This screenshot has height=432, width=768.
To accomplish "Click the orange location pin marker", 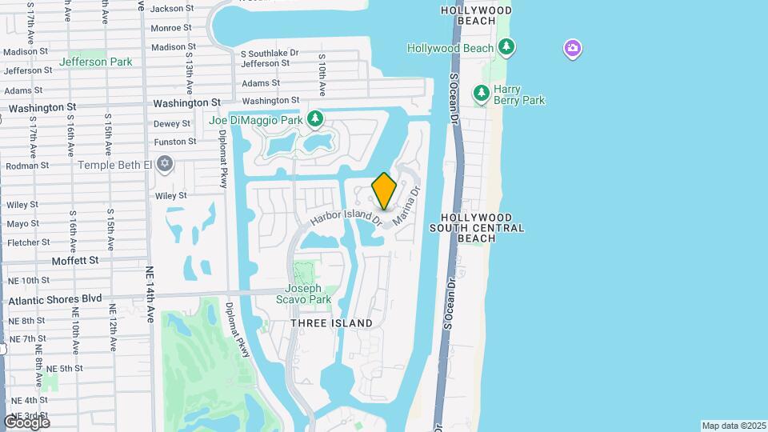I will coord(384,191).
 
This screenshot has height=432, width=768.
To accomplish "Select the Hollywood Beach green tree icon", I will coord(506,48).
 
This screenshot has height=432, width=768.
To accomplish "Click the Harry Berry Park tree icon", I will coord(482,94).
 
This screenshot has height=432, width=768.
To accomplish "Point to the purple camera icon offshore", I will coord(572,50).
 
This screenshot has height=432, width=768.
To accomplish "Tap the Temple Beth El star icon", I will coord(165,165).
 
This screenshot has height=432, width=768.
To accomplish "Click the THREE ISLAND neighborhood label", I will coord(331,323).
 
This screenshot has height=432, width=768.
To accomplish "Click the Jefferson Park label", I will coord(95,62).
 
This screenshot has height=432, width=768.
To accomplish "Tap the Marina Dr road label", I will coord(406,206).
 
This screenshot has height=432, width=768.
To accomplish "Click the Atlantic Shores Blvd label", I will coord(55,298).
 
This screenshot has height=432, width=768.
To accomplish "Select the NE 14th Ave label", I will coord(150,294).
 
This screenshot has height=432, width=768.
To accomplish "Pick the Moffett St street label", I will coord(74,261).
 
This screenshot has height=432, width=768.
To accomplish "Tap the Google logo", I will coord(27,422).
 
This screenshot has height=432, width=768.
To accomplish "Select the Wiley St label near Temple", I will coord(170,195).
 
